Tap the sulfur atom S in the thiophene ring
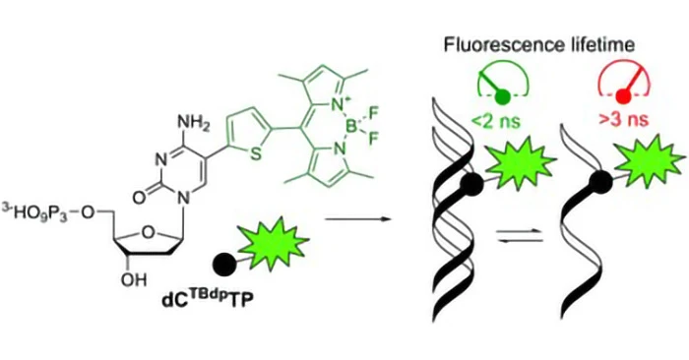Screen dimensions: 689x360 pyautogui.click(x=253, y=155)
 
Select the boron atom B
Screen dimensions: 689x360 pyautogui.click(x=351, y=128)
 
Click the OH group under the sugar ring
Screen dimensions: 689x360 pyautogui.click(x=134, y=279)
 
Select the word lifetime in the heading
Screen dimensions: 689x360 pyautogui.click(x=600, y=45)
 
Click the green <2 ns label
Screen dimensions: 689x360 pyautogui.click(x=497, y=119)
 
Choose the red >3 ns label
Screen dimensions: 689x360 pyautogui.click(x=624, y=119)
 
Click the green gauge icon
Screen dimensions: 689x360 pyautogui.click(x=504, y=83)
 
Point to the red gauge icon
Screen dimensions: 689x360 pyautogui.click(x=624, y=83)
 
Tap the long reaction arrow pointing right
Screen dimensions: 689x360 pyautogui.click(x=357, y=218)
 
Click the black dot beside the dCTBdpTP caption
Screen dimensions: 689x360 pyautogui.click(x=224, y=264)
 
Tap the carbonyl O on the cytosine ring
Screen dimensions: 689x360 pyautogui.click(x=139, y=198)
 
